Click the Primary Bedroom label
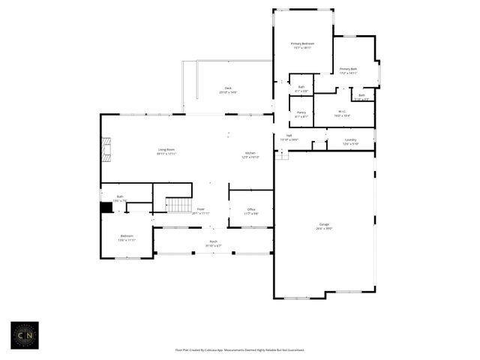click(x=302, y=44)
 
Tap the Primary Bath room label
click(x=348, y=69)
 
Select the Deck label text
click(x=228, y=88)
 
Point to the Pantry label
click(x=301, y=112)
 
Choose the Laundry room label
click(x=350, y=139)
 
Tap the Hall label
click(x=289, y=136)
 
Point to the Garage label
click(x=324, y=224)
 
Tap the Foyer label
click(x=200, y=210)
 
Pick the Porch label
click(x=214, y=241)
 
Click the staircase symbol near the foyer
click(x=179, y=205)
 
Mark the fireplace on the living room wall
click(x=107, y=149)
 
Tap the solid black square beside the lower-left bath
click(x=106, y=207)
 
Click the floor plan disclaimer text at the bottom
click(x=240, y=349)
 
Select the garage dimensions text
click(x=324, y=228)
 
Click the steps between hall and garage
click(x=282, y=155)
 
